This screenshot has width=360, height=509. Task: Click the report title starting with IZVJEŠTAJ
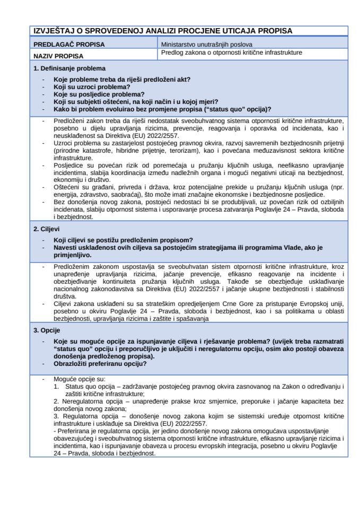(162, 31)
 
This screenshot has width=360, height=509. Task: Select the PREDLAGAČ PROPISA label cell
(69, 45)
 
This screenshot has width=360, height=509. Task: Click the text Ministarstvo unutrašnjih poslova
(207, 45)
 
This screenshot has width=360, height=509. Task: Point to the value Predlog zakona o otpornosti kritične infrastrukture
(231, 53)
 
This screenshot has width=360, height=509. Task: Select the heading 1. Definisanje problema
(69, 68)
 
